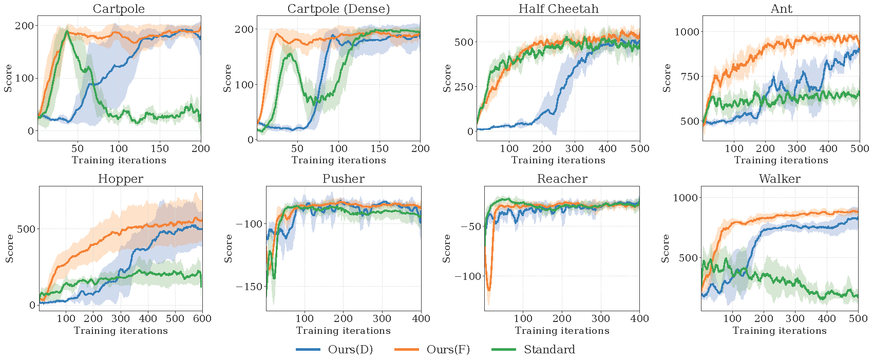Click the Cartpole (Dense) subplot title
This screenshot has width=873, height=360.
pyautogui.click(x=338, y=9)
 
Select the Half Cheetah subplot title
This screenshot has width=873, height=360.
pyautogui.click(x=558, y=9)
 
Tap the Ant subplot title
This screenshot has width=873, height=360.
pyautogui.click(x=781, y=9)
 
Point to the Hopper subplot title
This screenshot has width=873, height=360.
pyautogui.click(x=121, y=179)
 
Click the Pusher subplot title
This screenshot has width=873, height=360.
pyautogui.click(x=344, y=179)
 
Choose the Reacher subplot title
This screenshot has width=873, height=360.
pyautogui.click(x=562, y=179)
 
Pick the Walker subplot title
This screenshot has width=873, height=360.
pyautogui.click(x=780, y=179)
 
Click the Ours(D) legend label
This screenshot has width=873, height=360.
pyautogui.click(x=350, y=350)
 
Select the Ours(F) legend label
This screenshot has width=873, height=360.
pyautogui.click(x=448, y=350)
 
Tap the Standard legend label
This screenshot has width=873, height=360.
pyautogui.click(x=549, y=350)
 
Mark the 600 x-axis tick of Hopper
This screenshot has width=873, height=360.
pyautogui.click(x=202, y=318)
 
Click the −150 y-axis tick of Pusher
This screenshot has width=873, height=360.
pyautogui.click(x=249, y=287)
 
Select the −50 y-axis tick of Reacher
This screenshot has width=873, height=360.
pyautogui.click(x=469, y=226)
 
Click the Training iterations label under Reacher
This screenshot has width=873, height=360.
pyautogui.click(x=562, y=331)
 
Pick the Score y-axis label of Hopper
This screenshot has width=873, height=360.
pyautogui.click(x=9, y=248)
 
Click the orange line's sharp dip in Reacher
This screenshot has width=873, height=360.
pyautogui.click(x=489, y=290)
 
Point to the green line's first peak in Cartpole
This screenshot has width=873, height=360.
pyautogui.click(x=67, y=31)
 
